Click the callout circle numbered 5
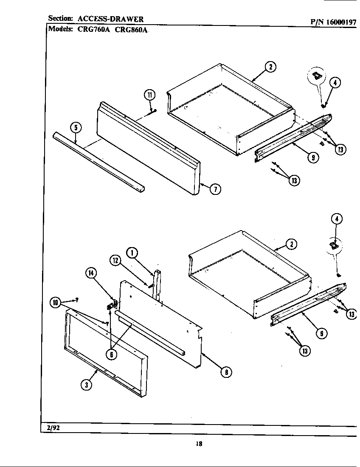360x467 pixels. tap(76, 127)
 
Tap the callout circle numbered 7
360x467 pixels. tap(216, 189)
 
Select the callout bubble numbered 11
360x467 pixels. tap(149, 95)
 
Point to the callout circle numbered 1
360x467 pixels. tap(132, 253)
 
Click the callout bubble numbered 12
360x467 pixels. tap(115, 261)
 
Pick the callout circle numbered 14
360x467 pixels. tap(91, 273)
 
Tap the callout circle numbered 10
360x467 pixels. tap(55, 303)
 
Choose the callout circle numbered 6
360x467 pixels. tap(111, 355)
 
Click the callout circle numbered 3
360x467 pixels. tap(86, 385)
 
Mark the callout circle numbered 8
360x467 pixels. tap(227, 372)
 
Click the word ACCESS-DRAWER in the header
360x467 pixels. tap(110, 19)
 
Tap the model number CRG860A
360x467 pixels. tap(131, 30)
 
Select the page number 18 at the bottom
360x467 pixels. tap(199, 444)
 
